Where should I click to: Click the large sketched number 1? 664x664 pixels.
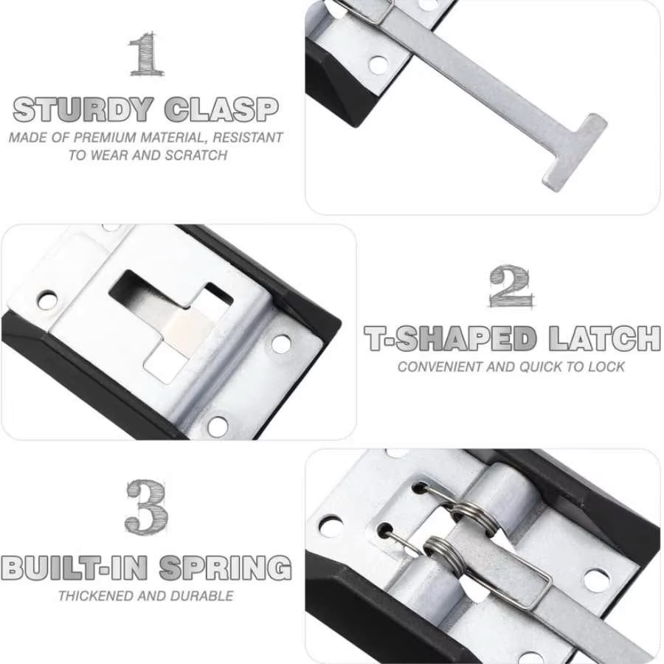(147, 53)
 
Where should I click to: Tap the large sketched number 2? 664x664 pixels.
(510, 286)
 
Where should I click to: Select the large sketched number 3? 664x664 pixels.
(147, 507)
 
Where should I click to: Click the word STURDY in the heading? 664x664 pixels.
(83, 110)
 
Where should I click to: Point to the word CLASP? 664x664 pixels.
(221, 110)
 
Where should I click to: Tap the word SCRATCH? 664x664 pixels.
(196, 156)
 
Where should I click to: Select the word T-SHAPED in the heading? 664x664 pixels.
(450, 339)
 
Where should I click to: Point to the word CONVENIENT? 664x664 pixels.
(440, 367)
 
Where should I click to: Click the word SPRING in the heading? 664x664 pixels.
(226, 568)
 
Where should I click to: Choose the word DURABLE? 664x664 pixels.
(201, 596)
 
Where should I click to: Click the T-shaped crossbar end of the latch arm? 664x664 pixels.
(575, 153)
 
